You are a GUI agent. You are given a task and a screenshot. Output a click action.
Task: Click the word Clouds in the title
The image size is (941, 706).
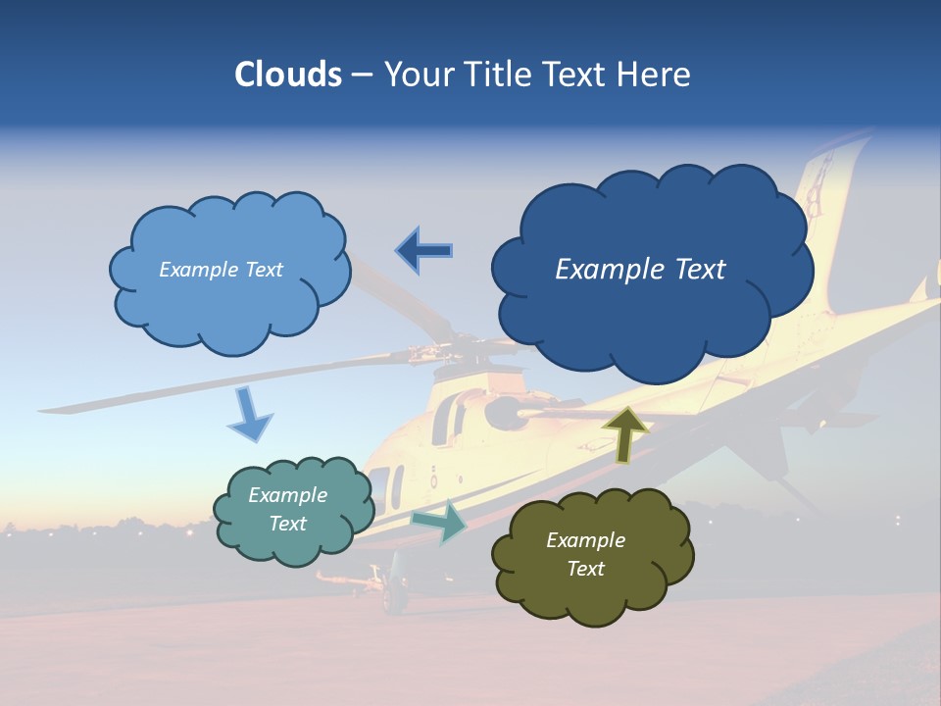point(288,75)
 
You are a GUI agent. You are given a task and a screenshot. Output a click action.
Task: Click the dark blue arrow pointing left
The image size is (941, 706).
point(425,251)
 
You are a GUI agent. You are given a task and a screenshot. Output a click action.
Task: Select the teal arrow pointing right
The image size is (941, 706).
point(440,522)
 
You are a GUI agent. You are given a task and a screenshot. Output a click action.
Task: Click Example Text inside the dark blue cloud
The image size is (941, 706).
point(640,270)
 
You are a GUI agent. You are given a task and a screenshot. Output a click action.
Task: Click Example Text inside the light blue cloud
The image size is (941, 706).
point(221,270)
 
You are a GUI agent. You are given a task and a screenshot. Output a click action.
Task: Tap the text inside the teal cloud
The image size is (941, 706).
point(287,509)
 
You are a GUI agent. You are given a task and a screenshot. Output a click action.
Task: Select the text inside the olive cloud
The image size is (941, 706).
point(585,554)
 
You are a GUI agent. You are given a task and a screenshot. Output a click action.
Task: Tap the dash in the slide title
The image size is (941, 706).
point(362,75)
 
